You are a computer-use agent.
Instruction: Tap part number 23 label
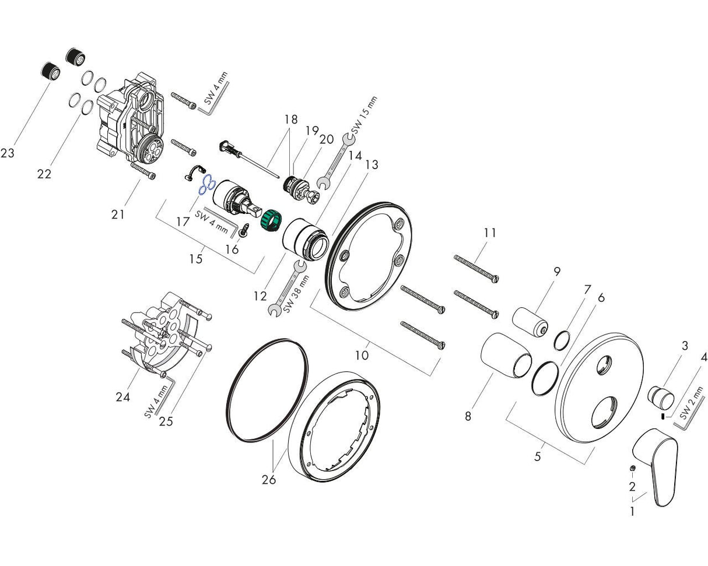[8, 153]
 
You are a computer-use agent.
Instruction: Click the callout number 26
[269, 479]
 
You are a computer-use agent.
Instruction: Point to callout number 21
[118, 215]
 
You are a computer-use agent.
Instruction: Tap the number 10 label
[362, 354]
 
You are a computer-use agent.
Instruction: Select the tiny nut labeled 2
[633, 469]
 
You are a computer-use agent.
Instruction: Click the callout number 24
[122, 397]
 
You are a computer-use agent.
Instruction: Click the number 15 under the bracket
[196, 258]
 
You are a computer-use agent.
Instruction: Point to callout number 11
[490, 233]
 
